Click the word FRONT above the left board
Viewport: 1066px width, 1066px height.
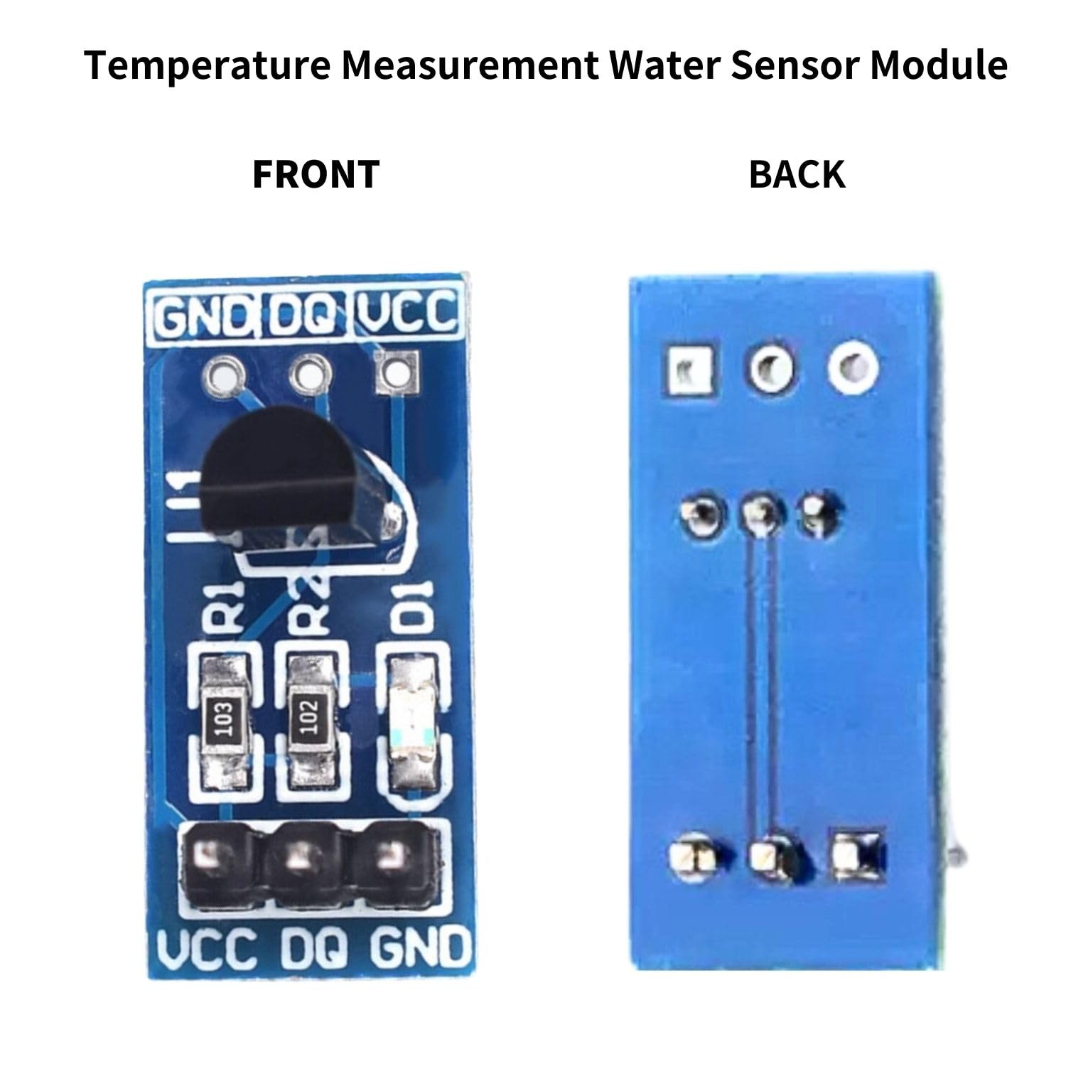(316, 174)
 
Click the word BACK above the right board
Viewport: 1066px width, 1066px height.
(797, 174)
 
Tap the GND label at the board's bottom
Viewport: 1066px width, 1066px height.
(421, 948)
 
